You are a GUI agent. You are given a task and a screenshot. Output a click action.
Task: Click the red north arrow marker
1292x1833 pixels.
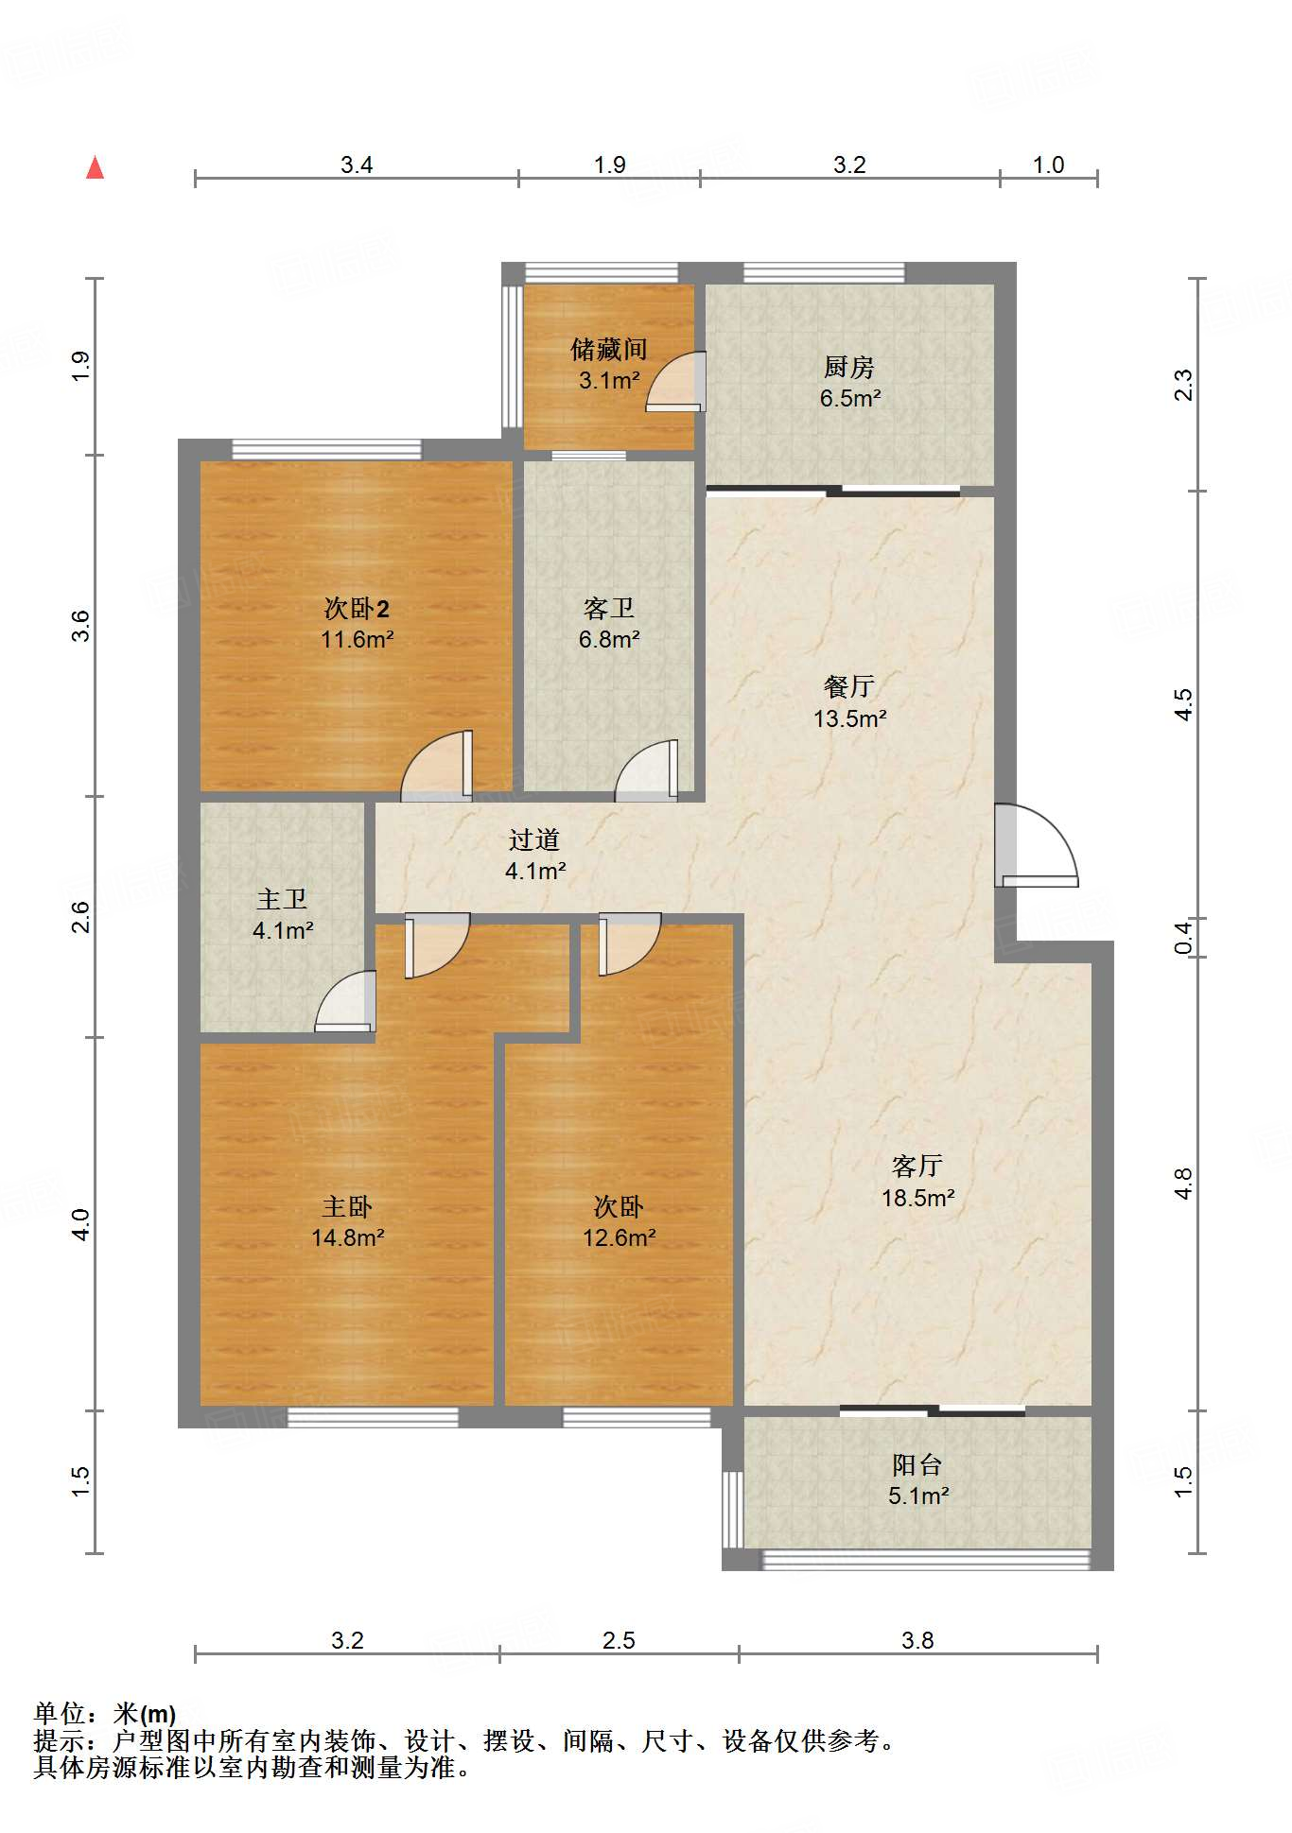point(95,167)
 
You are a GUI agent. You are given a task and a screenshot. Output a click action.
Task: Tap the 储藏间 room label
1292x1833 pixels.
point(609,350)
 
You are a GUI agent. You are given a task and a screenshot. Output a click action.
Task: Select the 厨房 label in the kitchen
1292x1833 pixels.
point(849,367)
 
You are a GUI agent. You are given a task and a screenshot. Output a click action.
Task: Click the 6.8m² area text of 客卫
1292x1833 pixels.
point(609,640)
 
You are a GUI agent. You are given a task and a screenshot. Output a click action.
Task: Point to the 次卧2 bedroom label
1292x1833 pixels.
point(357,609)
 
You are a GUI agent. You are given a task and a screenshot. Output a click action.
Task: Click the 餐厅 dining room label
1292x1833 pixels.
point(849,686)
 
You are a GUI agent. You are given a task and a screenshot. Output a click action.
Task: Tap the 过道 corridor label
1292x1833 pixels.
point(534,839)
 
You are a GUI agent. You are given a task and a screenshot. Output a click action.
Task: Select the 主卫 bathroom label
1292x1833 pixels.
point(282,899)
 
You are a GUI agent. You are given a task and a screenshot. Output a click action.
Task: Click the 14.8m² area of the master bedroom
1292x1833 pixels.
point(347,1237)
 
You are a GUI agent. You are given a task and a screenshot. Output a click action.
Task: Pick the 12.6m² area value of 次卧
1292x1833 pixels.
point(619,1237)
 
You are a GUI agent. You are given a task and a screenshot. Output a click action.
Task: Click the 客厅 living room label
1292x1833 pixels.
point(917,1166)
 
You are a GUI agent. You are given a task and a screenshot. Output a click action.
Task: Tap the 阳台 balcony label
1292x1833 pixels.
point(917,1464)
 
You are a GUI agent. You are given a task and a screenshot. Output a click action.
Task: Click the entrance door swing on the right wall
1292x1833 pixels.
point(1037,845)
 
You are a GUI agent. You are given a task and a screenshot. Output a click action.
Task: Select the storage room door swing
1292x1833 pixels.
point(675,381)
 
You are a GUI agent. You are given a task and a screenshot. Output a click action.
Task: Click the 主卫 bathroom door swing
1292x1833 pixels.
point(345,1001)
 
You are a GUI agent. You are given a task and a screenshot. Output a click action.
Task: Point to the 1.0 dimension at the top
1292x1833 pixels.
point(1048,165)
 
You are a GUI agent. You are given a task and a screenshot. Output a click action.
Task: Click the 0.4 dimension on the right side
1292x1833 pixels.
point(1183,937)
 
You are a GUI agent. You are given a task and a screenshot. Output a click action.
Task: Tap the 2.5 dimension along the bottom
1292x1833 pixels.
point(619,1640)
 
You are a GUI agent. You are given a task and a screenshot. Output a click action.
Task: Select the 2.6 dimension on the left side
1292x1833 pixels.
point(81,917)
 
